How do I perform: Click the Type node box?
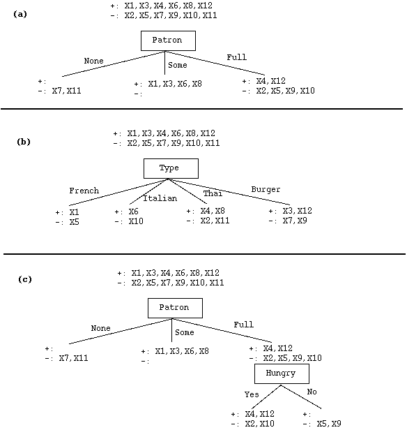(171, 168)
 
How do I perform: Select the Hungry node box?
(282, 373)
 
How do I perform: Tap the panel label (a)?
(20, 14)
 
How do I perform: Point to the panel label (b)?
(24, 142)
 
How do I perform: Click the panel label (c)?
(25, 279)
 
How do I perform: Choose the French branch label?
(84, 191)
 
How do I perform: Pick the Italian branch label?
(160, 198)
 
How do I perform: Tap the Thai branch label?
(213, 193)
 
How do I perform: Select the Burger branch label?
(266, 189)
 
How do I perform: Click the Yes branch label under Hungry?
(252, 394)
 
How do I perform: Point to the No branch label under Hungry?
(312, 392)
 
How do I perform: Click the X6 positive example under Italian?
(134, 212)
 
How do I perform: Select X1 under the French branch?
(74, 212)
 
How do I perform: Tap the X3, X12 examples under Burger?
(298, 211)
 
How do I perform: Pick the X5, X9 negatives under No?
(329, 424)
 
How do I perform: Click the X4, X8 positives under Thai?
(213, 211)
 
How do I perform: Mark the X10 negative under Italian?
(136, 221)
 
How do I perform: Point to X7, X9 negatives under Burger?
(295, 221)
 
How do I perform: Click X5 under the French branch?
(74, 222)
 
